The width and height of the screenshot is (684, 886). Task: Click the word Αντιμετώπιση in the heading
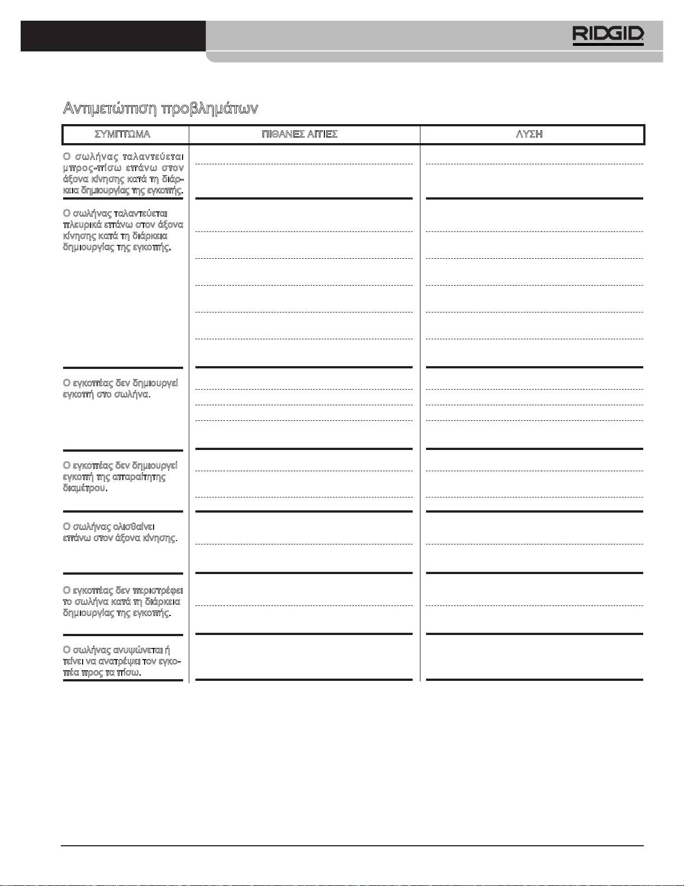coord(109,108)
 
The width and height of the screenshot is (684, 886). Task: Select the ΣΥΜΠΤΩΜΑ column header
coord(122,135)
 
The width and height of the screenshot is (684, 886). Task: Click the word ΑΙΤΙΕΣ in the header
coord(323,135)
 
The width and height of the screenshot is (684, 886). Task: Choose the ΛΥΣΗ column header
coord(529,135)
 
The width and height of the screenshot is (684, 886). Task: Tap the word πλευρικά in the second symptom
coord(82,225)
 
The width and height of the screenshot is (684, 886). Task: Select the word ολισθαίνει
coord(134,527)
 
